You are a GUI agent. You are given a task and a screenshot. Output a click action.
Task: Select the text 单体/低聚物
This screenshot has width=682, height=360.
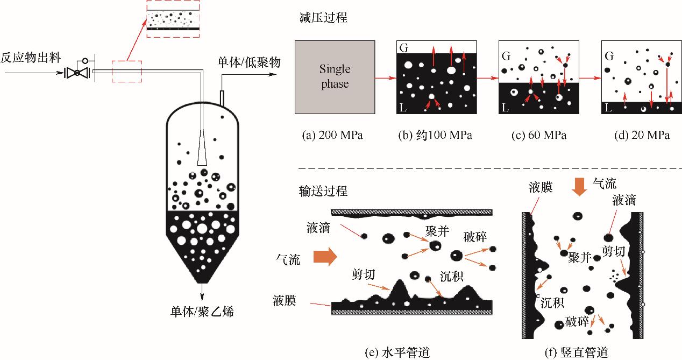(248, 62)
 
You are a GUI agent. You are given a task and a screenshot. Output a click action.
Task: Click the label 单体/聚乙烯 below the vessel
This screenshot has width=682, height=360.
(202, 311)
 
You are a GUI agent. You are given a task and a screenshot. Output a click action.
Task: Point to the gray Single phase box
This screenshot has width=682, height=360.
(334, 76)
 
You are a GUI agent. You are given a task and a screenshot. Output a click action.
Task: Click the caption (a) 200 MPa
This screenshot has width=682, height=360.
(332, 135)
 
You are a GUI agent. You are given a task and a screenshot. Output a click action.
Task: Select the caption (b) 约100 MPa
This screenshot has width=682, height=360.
(435, 135)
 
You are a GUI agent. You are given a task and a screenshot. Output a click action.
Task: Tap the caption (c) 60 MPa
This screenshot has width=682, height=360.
(539, 135)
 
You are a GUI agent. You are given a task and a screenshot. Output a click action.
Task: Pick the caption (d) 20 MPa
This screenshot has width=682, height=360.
(642, 135)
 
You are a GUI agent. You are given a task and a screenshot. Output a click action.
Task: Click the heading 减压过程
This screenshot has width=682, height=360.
(316, 18)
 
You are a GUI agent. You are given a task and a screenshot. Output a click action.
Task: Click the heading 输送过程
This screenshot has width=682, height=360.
(316, 191)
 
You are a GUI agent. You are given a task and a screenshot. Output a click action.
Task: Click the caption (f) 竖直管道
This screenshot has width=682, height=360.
(576, 352)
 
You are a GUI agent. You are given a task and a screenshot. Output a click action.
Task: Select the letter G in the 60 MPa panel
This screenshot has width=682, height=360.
(505, 55)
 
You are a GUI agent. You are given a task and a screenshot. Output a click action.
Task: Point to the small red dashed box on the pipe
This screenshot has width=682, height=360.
(126, 71)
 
